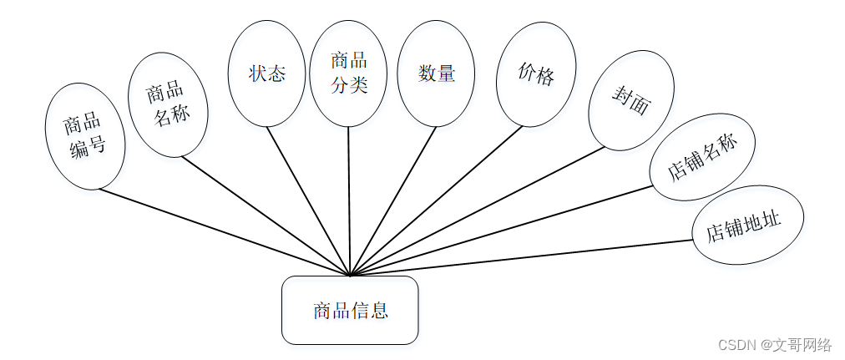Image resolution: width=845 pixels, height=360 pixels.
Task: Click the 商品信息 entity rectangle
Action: click(x=350, y=310)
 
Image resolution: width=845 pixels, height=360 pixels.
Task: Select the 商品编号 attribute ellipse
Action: click(x=84, y=136)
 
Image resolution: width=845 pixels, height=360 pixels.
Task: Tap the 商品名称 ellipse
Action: click(x=168, y=104)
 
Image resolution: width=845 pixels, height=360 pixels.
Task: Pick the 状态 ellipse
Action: click(x=266, y=74)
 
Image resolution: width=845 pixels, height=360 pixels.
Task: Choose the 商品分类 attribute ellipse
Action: click(x=348, y=74)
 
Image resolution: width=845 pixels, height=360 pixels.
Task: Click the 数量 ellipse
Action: click(x=436, y=74)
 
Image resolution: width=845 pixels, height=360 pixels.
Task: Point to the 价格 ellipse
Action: click(x=535, y=74)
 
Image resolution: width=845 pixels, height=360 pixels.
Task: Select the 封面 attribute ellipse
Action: click(x=631, y=100)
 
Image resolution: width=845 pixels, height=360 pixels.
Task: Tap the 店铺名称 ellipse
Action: click(x=702, y=157)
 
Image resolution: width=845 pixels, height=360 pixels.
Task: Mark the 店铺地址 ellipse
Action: click(x=748, y=225)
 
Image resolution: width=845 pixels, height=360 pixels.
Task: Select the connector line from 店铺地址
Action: click(x=522, y=258)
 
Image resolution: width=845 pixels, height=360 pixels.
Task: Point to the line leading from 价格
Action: click(x=436, y=200)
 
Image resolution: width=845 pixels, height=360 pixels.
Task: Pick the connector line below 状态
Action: click(x=309, y=200)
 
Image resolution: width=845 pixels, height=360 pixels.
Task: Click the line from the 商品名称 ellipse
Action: click(x=266, y=215)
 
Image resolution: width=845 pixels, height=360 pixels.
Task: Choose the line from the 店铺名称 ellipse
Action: click(x=501, y=230)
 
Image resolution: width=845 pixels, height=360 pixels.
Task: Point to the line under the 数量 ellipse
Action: click(x=393, y=200)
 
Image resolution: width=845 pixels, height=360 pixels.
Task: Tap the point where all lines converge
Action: click(x=351, y=275)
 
